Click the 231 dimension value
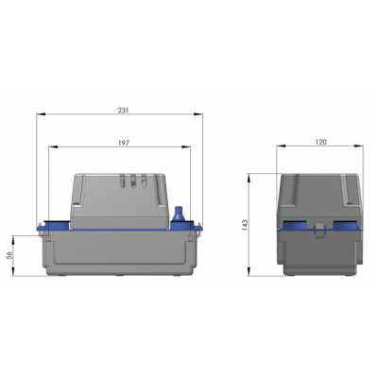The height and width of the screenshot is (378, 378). (123, 111)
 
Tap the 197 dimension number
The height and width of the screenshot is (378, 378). (123, 143)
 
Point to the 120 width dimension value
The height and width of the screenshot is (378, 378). (321, 143)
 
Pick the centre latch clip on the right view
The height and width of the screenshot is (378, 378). (321, 228)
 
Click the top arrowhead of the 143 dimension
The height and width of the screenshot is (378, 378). (249, 177)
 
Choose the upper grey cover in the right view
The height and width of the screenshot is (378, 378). (321, 197)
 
